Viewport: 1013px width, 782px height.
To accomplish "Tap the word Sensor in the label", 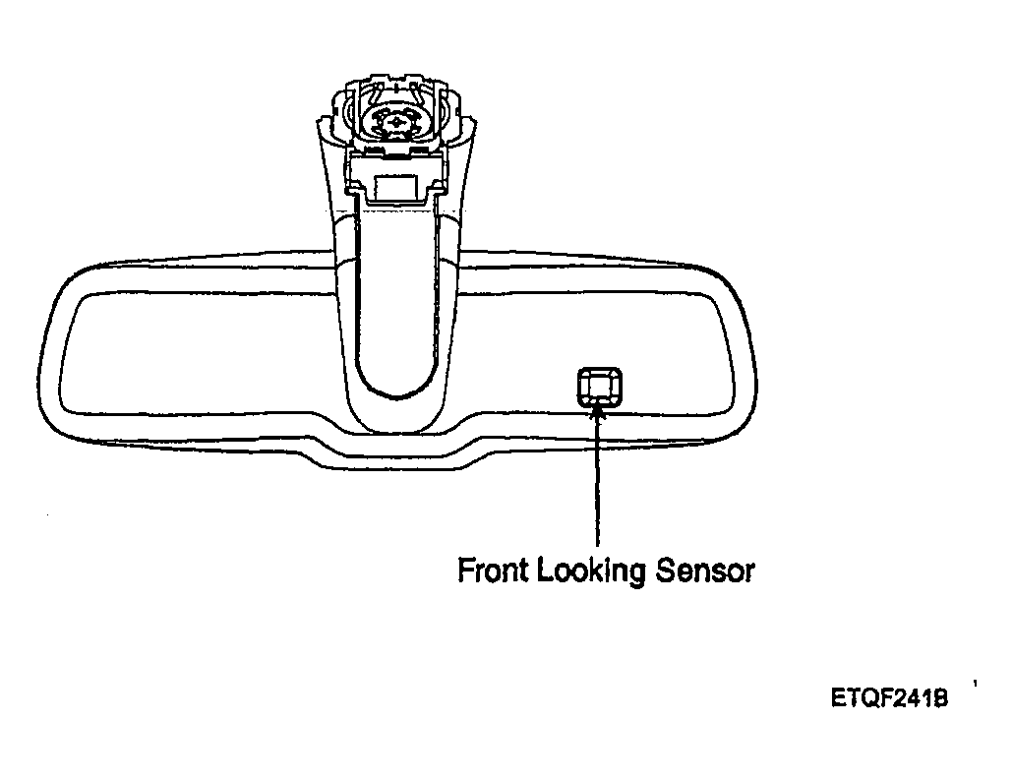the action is [705, 571].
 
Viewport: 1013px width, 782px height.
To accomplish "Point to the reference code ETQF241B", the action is [890, 698].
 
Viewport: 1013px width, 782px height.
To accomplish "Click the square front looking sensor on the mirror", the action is [600, 388].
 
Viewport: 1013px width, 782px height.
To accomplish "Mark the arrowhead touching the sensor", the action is [598, 411].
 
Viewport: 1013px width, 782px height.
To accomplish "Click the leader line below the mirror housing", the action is [598, 478].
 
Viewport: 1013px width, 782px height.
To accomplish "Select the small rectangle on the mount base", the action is [396, 187].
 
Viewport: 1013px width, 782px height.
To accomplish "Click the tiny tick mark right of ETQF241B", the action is [975, 683].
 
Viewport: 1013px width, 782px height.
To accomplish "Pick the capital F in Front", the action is [466, 570].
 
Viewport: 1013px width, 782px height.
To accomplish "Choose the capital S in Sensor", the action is [666, 571].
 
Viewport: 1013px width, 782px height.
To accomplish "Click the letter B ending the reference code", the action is [940, 698].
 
